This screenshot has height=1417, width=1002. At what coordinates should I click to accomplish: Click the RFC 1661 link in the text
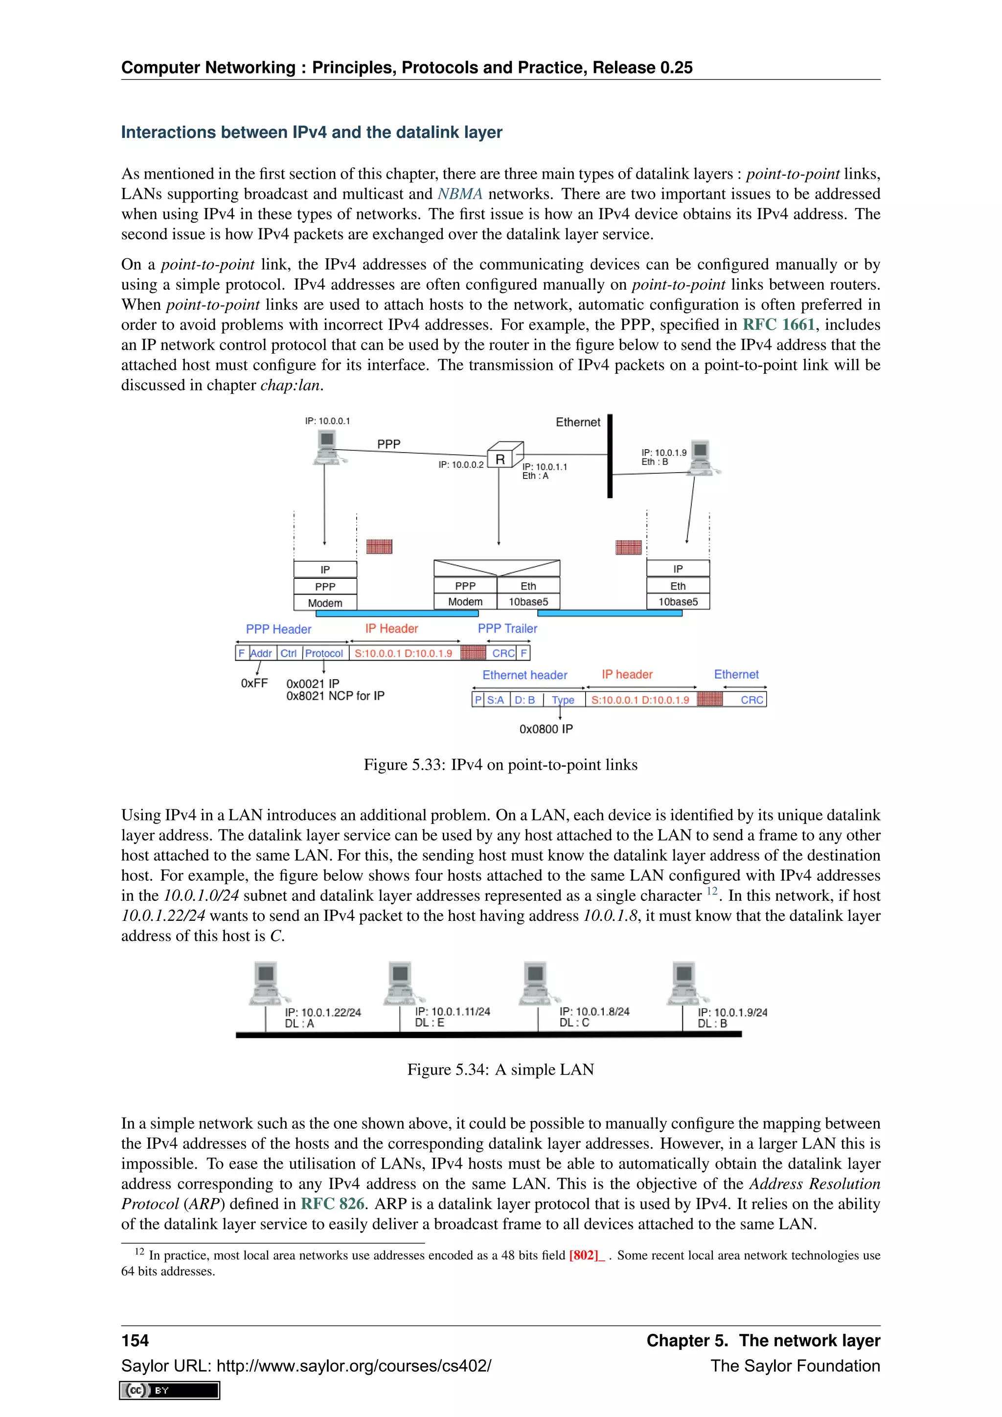(778, 324)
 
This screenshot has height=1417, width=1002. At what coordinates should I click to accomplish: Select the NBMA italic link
(460, 194)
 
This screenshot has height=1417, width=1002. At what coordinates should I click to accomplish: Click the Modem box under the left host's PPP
(325, 603)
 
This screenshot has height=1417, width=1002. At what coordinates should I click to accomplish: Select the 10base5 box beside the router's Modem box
(528, 602)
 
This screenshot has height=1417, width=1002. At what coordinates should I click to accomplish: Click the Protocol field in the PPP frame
(324, 653)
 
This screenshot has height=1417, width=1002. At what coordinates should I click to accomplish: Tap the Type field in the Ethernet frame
(563, 700)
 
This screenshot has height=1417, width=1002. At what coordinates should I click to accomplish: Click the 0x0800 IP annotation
(546, 729)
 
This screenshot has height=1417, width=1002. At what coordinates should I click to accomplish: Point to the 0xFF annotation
(254, 683)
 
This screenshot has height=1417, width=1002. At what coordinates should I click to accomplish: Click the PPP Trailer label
(507, 628)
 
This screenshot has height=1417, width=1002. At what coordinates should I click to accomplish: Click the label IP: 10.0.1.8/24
(594, 1011)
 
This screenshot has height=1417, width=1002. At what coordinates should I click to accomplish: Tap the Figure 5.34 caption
(501, 1069)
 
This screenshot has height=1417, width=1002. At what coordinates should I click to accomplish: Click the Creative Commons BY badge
(170, 1390)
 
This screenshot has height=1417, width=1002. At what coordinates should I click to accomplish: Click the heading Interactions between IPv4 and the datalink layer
(312, 132)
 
